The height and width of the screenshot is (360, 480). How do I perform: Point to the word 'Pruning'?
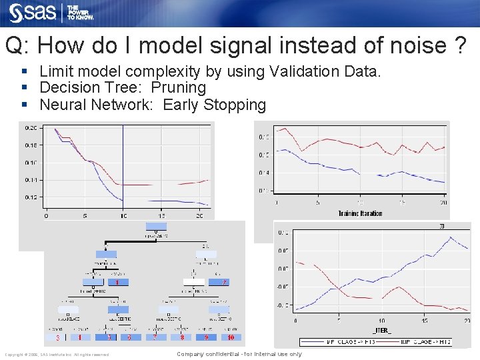click(x=179, y=87)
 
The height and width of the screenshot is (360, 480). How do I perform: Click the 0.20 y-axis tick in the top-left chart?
click(x=31, y=127)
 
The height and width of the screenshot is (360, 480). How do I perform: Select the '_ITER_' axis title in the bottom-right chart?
click(x=381, y=330)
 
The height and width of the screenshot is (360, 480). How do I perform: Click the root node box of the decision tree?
click(x=157, y=227)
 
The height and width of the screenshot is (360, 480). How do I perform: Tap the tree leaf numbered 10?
click(x=229, y=337)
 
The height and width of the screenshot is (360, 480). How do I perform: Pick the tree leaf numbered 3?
click(x=57, y=337)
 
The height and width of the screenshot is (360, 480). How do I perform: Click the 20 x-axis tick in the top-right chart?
click(x=443, y=203)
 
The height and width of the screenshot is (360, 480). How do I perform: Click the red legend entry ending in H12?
click(x=427, y=342)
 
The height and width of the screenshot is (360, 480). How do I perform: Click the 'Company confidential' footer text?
click(x=239, y=354)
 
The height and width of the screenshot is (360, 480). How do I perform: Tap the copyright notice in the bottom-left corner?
click(x=57, y=355)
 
